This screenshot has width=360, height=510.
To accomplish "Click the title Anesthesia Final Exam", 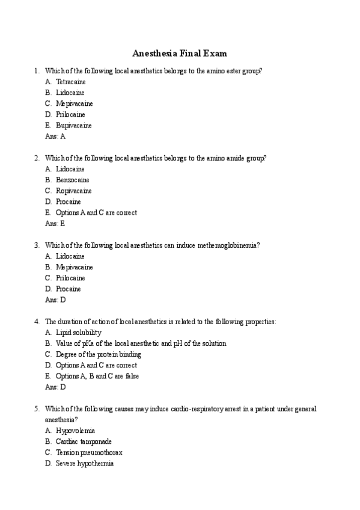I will (x=180, y=53).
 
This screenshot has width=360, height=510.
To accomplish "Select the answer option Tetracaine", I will (x=70, y=82).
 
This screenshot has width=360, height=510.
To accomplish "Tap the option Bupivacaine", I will (x=73, y=126).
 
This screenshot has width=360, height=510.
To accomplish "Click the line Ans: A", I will (x=55, y=137).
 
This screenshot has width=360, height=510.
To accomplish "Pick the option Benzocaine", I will (x=72, y=180).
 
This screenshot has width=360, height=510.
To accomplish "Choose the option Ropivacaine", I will (x=74, y=191).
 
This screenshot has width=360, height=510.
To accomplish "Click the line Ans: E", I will (x=55, y=223).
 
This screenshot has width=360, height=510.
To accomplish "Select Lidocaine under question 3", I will (x=70, y=256).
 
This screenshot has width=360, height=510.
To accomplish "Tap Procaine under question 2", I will (x=68, y=201).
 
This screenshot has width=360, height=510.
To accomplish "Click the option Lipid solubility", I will (x=78, y=333).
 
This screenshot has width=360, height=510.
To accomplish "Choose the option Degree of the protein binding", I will (x=99, y=354).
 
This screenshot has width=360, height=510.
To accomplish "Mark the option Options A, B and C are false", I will (x=97, y=376).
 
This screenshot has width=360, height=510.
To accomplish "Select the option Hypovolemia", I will (x=75, y=431).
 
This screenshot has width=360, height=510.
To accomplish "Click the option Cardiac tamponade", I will (x=84, y=441).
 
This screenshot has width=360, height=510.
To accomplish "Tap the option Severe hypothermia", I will (x=85, y=464).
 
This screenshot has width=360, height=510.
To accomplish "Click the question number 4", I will (x=37, y=322).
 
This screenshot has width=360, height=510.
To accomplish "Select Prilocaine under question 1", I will (x=70, y=114).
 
